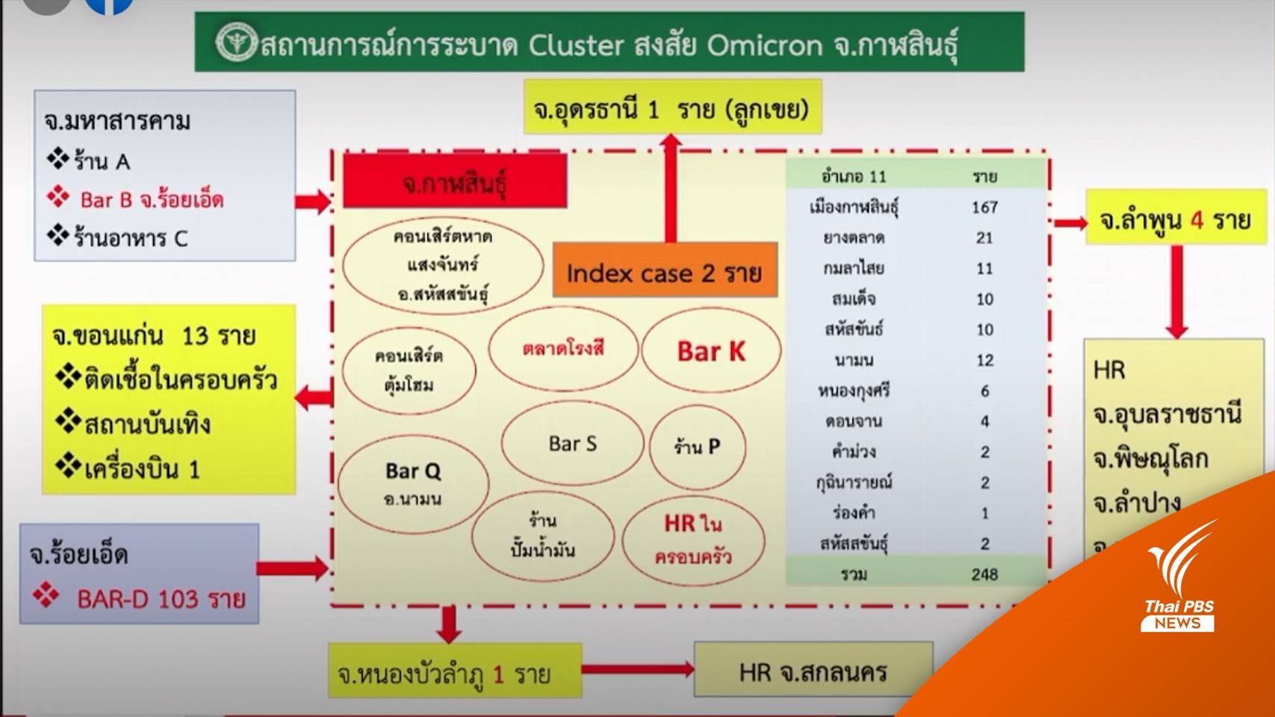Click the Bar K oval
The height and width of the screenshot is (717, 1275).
point(710,351)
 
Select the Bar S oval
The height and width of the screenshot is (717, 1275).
point(572,444)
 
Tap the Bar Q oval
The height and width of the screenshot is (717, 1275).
point(412,482)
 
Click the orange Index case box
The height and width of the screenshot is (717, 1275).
point(664,273)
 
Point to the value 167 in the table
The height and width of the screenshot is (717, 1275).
point(984,207)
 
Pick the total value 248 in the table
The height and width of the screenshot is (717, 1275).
point(984,574)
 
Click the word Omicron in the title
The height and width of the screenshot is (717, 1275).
point(764,45)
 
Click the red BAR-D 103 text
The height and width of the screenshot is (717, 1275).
point(161,599)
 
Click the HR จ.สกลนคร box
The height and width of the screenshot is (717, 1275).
point(813,672)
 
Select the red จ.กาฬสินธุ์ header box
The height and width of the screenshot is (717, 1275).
point(454,181)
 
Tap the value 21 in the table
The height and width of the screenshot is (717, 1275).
point(984,238)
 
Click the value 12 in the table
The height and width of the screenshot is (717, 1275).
point(984,360)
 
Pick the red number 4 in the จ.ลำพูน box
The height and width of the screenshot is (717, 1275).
point(1197,220)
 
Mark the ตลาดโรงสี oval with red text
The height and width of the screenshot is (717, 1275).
point(563,349)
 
